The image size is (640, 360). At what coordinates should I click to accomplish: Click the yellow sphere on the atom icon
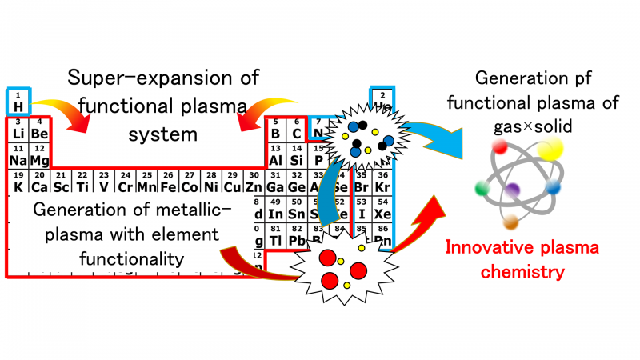tap(551, 150)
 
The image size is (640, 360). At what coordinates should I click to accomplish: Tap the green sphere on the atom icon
tap(482, 189)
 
